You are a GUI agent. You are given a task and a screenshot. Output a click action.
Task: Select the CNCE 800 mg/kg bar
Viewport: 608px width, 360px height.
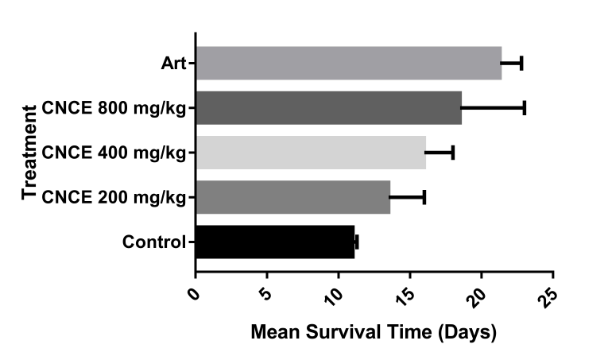click(328, 108)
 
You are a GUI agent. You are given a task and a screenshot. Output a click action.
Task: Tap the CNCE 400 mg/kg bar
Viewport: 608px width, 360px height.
click(310, 153)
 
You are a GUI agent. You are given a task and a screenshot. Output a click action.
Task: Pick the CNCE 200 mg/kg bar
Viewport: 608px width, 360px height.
click(292, 197)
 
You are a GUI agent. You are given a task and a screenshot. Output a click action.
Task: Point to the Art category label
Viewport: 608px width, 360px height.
click(172, 64)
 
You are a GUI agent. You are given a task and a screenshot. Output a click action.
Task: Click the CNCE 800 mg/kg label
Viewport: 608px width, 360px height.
click(114, 109)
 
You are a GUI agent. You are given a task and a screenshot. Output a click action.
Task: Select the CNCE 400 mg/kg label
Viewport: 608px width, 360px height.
click(114, 153)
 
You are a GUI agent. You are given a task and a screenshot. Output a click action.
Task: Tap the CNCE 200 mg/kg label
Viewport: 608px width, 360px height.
click(114, 197)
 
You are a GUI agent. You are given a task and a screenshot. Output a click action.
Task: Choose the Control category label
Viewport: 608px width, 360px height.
click(153, 242)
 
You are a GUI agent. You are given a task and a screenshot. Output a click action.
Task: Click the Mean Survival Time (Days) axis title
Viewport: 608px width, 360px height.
click(374, 331)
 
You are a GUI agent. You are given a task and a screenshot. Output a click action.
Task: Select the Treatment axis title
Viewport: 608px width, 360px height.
click(31, 152)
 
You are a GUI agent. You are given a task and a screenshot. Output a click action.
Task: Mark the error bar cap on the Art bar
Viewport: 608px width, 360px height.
click(521, 64)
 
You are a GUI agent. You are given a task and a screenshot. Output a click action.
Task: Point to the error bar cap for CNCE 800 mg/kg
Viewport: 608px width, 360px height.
click(525, 108)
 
